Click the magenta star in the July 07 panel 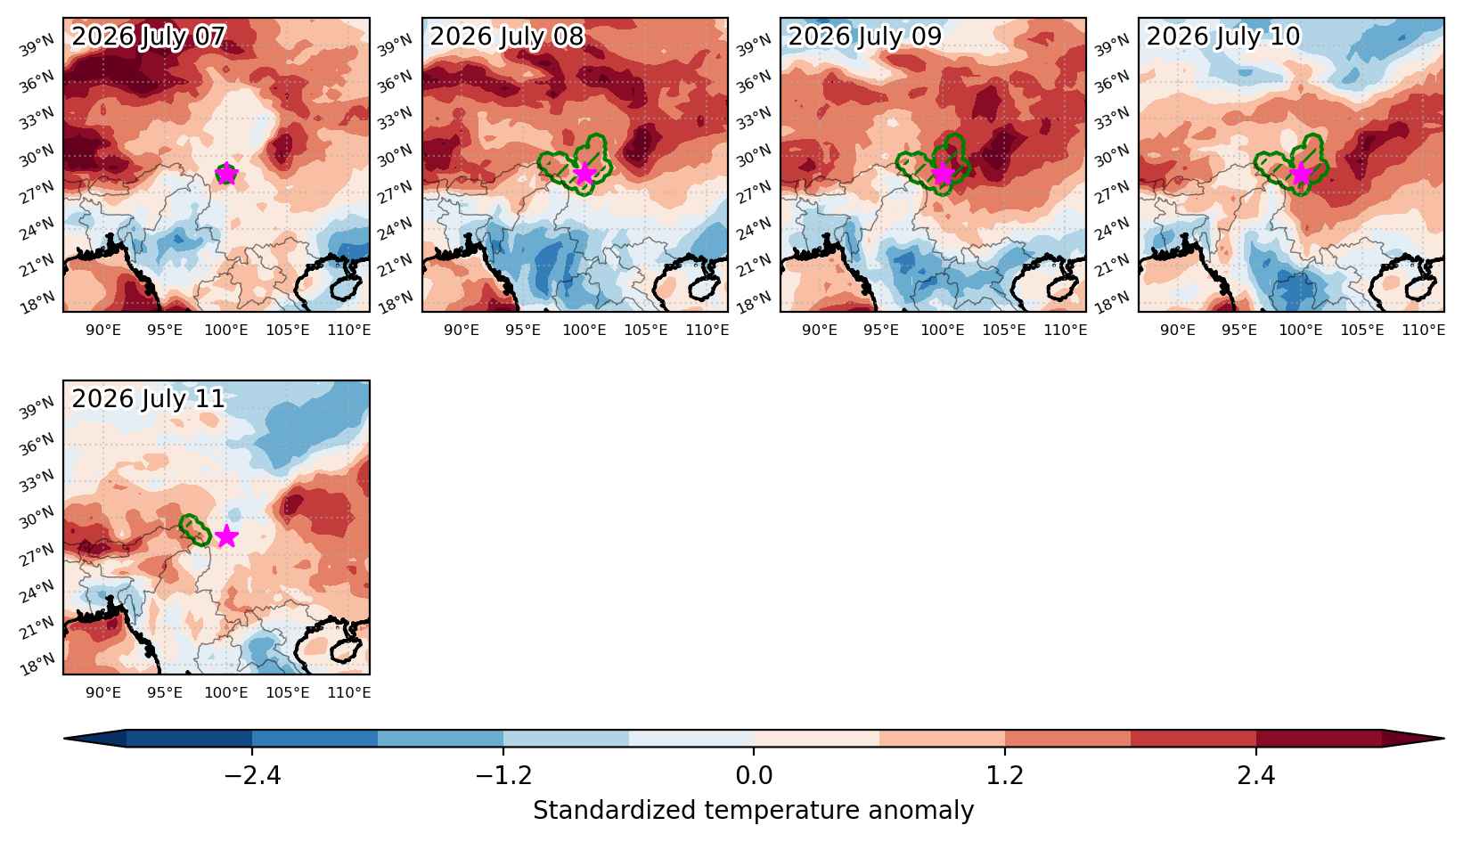(226, 174)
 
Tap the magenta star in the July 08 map (584, 174)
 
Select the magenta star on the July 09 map (943, 174)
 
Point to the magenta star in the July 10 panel (1301, 174)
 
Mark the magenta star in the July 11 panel (226, 536)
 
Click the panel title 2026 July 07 (148, 36)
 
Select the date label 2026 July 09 (865, 36)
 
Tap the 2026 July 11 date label (148, 398)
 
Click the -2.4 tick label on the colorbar (252, 775)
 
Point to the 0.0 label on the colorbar (754, 775)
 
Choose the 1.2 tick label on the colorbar (1004, 775)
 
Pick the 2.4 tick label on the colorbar (1255, 775)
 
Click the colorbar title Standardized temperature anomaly (754, 811)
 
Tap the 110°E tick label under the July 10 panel (1424, 330)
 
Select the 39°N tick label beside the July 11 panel (37, 407)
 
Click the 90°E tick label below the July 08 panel (462, 330)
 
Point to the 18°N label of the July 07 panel (38, 302)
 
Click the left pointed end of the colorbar (65, 739)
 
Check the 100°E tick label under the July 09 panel (943, 330)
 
